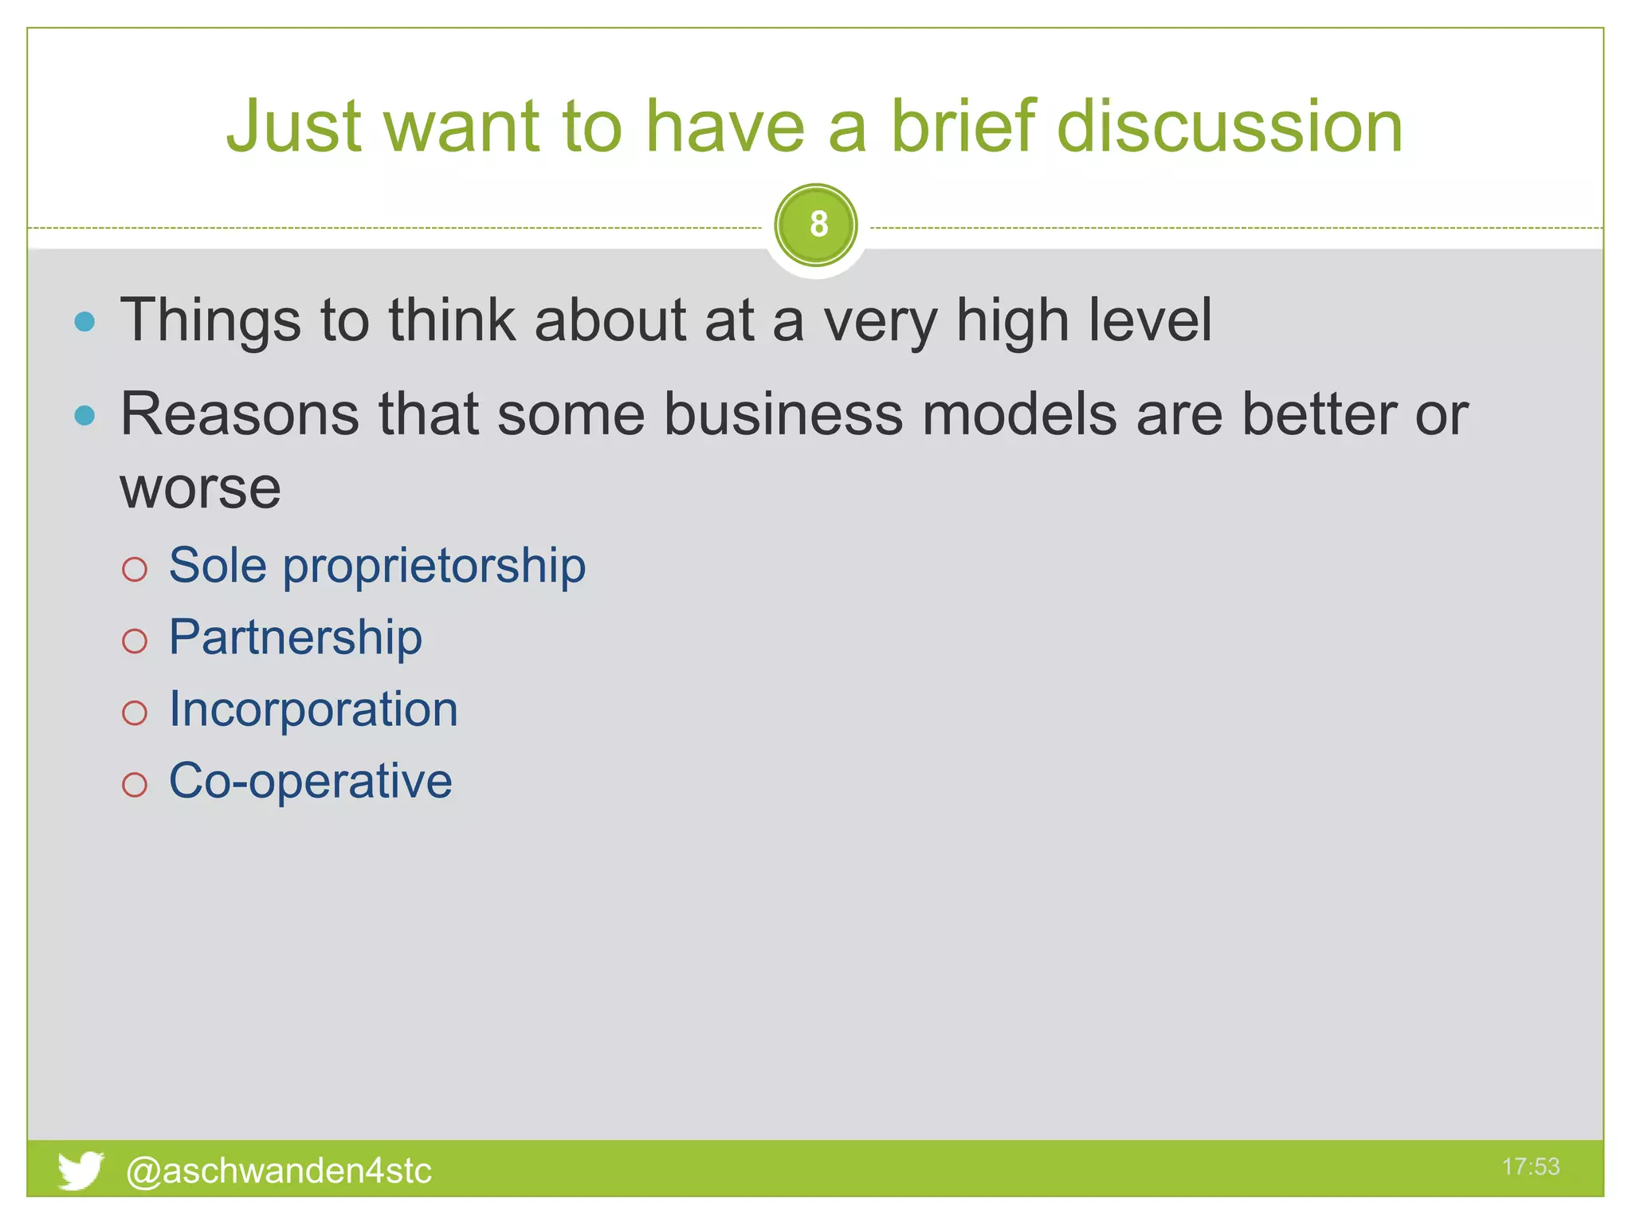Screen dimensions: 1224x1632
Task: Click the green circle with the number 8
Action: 815,225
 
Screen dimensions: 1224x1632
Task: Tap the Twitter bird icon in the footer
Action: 80,1169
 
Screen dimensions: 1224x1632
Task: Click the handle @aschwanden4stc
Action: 279,1171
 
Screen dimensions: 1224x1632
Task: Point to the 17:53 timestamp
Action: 1530,1167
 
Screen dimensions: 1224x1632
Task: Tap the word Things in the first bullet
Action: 210,320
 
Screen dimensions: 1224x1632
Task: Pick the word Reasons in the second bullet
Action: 238,414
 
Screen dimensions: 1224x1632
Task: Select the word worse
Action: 200,488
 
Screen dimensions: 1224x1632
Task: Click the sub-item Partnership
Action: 295,637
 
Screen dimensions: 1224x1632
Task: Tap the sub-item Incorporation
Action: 313,709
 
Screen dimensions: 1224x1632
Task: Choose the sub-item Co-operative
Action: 310,781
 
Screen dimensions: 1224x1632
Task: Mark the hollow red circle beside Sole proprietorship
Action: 135,569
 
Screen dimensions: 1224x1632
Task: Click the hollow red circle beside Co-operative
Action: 135,785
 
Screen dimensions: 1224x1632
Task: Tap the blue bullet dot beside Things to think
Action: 84,322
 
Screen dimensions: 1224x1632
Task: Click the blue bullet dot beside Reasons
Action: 84,415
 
